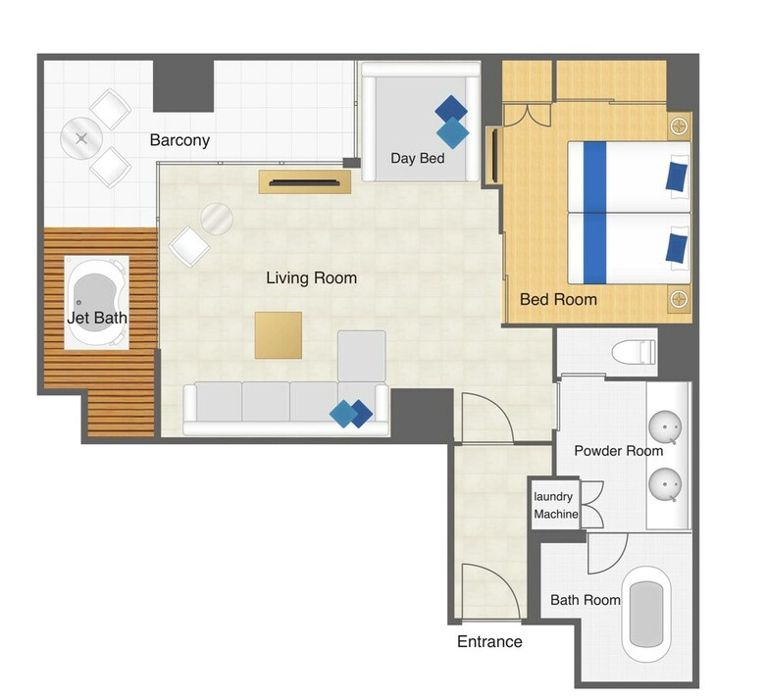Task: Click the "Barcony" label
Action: point(179,140)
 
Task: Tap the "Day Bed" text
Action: point(418,158)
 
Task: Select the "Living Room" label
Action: point(311,278)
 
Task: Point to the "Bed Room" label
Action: point(558,299)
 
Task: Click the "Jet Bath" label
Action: point(96,318)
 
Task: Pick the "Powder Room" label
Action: point(618,451)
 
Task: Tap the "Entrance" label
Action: point(489,641)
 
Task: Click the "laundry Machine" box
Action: point(556,505)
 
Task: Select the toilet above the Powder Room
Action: point(634,352)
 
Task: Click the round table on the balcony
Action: point(81,138)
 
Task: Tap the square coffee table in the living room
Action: point(279,335)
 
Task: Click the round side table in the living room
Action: point(217,219)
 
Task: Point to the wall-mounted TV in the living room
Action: point(304,183)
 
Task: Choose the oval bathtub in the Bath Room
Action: point(646,614)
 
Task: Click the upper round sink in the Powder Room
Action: point(665,427)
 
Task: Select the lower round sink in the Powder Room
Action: point(665,484)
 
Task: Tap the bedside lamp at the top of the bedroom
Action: point(679,126)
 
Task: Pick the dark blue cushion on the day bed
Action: point(451,110)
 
